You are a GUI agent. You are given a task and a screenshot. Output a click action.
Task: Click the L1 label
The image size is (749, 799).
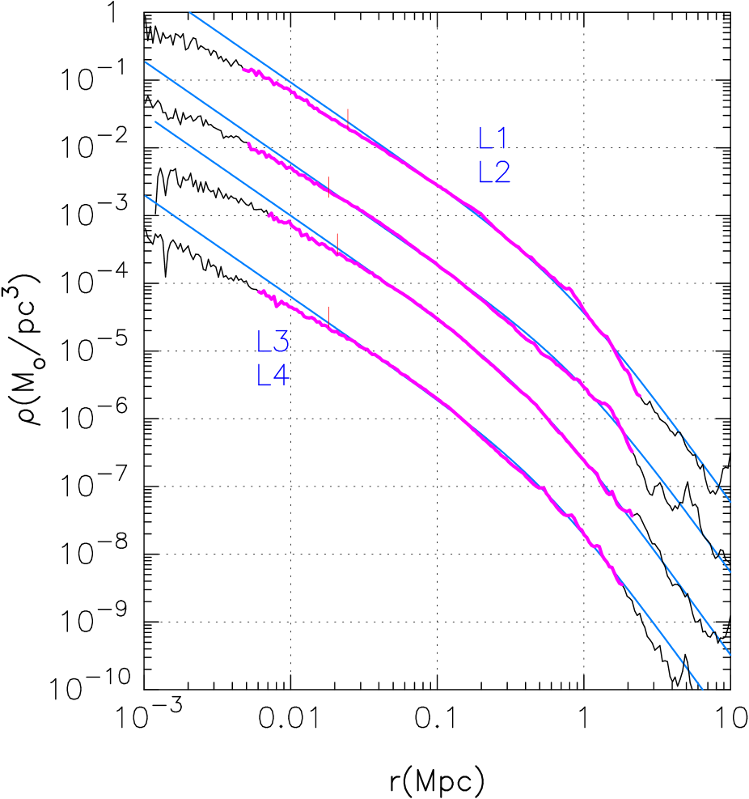coord(493,139)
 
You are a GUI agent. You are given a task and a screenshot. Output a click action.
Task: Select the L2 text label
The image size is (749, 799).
coord(494,172)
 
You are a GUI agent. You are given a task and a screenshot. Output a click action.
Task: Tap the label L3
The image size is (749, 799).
coord(273,342)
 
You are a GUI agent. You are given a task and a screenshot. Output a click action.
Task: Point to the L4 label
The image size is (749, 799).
coord(273,376)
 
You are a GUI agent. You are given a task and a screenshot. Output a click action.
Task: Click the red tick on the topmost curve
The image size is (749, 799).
coord(348,117)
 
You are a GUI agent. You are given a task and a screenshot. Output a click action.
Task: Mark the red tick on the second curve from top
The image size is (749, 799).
coord(328,186)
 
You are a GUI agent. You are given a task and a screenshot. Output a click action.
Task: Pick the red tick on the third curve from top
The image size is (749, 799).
coord(336,240)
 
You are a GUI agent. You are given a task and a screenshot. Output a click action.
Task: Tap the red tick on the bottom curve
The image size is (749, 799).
coord(329,314)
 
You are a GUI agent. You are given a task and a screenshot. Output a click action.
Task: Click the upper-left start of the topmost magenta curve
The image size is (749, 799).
coord(243,70)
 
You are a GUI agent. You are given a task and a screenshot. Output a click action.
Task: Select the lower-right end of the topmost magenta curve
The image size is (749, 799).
coord(640,395)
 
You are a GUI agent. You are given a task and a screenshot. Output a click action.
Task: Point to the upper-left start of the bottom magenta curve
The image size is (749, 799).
coord(259,291)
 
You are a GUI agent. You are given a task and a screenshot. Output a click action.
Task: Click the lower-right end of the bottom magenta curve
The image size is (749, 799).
coord(621,584)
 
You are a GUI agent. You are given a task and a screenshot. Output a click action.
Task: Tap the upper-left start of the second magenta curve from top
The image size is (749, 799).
coord(248,144)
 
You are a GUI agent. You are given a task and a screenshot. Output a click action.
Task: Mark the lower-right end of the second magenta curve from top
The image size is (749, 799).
coord(631,451)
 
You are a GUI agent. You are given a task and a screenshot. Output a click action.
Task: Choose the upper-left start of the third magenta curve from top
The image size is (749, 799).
coord(269,214)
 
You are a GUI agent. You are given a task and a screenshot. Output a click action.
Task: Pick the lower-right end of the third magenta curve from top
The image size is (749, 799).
coord(632,514)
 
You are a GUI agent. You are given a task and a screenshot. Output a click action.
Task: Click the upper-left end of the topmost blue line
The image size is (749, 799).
coord(190,12)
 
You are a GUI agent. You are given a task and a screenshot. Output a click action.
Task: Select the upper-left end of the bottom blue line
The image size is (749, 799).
coord(146,196)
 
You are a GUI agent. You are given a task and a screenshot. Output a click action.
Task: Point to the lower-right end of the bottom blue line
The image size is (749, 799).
coord(702,690)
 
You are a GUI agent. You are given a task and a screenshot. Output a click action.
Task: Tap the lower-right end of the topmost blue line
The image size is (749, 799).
coord(731,502)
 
